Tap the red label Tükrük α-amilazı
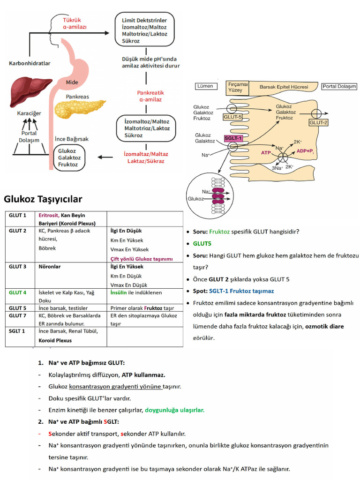pos(75,23)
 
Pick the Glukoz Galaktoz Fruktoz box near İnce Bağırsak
pos(69,158)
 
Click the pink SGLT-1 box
pos(233,138)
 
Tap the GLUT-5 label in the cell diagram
pos(232,117)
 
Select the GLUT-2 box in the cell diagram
pos(318,123)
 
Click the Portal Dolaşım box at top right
pos(339,87)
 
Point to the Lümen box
pos(206,86)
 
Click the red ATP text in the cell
pos(266,153)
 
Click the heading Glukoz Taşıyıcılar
pos(43,199)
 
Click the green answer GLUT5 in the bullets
pos(202,244)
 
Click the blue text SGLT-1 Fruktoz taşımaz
pos(241,291)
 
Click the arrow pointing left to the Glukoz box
pos(106,157)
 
